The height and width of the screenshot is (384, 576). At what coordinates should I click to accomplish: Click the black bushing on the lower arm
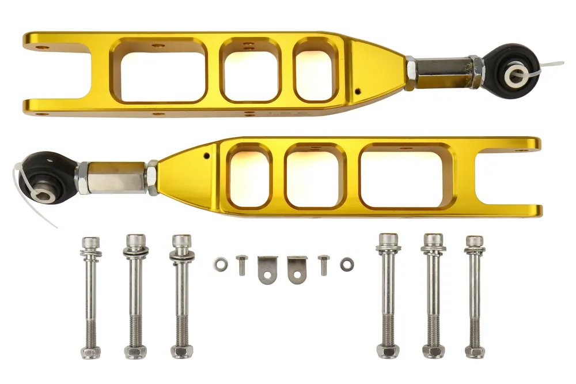(x=47, y=176)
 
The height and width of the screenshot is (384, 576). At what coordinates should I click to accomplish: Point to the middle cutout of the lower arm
(x=314, y=176)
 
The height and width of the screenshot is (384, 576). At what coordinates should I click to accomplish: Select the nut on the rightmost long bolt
(x=474, y=351)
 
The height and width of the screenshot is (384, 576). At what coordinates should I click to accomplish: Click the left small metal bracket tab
(x=266, y=269)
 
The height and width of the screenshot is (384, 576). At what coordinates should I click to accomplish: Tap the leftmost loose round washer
(x=221, y=264)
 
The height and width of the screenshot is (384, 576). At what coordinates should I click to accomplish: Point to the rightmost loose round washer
(x=346, y=264)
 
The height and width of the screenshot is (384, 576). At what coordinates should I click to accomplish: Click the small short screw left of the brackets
(x=242, y=264)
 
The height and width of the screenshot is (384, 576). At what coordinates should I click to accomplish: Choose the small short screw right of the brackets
(x=324, y=264)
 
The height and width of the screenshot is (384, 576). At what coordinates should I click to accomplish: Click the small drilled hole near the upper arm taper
(x=358, y=91)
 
